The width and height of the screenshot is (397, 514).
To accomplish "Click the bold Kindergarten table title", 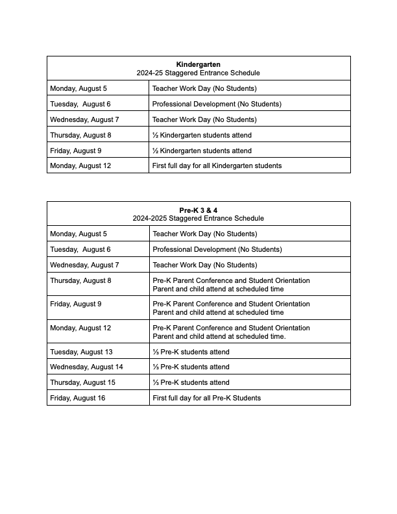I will click(x=198, y=64).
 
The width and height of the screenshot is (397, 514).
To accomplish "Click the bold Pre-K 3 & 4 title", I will click(x=198, y=210).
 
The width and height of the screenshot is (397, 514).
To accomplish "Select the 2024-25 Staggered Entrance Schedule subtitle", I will click(x=198, y=73).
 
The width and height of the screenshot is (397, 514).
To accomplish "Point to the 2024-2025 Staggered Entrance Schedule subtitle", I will click(x=198, y=218).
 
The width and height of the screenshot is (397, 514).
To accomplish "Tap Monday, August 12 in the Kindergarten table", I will click(x=80, y=165).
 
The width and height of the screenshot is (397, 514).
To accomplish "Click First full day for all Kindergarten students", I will click(x=217, y=165).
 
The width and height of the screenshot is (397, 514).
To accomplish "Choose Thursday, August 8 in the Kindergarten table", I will click(x=80, y=135).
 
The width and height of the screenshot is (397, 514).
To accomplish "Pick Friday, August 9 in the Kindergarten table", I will click(x=75, y=151).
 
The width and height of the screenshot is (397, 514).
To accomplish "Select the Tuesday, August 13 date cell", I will click(x=81, y=352).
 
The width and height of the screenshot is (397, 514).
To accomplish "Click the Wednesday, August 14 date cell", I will click(x=86, y=367).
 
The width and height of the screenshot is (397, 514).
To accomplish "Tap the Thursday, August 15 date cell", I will click(x=82, y=382).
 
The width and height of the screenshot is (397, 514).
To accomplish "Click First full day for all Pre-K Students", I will click(x=206, y=398).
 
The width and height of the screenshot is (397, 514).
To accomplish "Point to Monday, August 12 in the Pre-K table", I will click(x=80, y=328).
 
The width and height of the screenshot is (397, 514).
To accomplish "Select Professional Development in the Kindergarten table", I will click(x=217, y=104).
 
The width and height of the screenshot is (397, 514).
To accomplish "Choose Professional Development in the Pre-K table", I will click(x=217, y=249).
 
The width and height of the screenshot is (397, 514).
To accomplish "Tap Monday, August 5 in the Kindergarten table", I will click(x=78, y=88).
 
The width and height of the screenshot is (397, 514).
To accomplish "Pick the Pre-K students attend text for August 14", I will click(x=191, y=367).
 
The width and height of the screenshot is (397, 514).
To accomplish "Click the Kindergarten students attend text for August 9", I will click(x=202, y=151).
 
